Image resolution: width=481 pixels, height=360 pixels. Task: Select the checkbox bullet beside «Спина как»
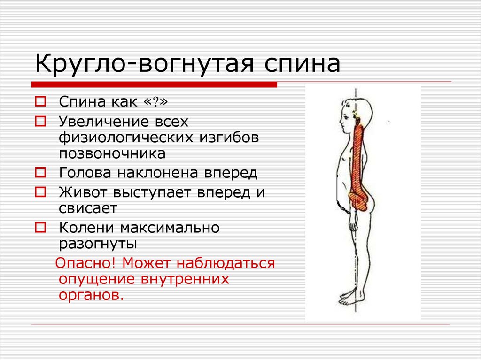pyautogui.click(x=40, y=101)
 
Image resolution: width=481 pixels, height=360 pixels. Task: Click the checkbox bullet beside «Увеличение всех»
pyautogui.click(x=40, y=121)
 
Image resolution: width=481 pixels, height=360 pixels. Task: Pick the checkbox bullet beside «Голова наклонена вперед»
pyautogui.click(x=40, y=172)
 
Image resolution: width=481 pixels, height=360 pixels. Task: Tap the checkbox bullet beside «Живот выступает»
pyautogui.click(x=40, y=192)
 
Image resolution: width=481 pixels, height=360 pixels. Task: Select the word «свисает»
pyautogui.click(x=88, y=208)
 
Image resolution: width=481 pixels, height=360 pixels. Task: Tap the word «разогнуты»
pyautogui.click(x=98, y=244)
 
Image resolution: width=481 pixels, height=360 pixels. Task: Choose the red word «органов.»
pyautogui.click(x=92, y=295)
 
